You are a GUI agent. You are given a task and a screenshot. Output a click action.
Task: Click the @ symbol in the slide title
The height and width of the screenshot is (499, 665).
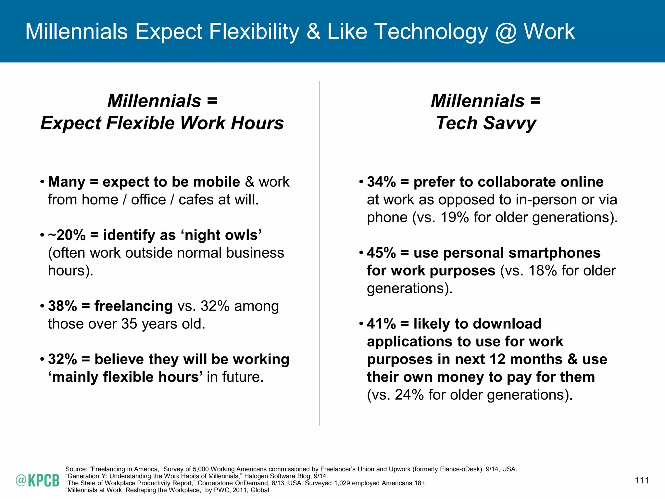pyautogui.click(x=506, y=32)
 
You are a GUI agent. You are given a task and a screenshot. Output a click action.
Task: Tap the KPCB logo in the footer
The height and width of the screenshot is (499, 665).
pyautogui.click(x=37, y=480)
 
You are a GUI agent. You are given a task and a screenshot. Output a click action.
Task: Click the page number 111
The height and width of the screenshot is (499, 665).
pyautogui.click(x=642, y=480)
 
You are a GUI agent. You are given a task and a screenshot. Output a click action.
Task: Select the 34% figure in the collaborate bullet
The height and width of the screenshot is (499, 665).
pyautogui.click(x=381, y=182)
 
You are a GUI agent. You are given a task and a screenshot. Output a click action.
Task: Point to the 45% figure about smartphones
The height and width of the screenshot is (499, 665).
pyautogui.click(x=381, y=253)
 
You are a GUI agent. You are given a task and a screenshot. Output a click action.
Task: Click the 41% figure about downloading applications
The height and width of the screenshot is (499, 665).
pyautogui.click(x=381, y=324)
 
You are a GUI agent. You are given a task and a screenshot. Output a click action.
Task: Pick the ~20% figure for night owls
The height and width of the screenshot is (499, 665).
pyautogui.click(x=67, y=235)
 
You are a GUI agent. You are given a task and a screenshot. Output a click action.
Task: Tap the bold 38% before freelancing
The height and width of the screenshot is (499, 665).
pyautogui.click(x=62, y=306)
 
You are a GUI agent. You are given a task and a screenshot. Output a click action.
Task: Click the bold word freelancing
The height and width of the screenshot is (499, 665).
pyautogui.click(x=133, y=306)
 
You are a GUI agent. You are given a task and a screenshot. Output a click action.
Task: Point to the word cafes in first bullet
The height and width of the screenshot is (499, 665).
pyautogui.click(x=196, y=200)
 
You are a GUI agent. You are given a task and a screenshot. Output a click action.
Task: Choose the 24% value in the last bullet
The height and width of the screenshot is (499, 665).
pyautogui.click(x=409, y=395)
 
